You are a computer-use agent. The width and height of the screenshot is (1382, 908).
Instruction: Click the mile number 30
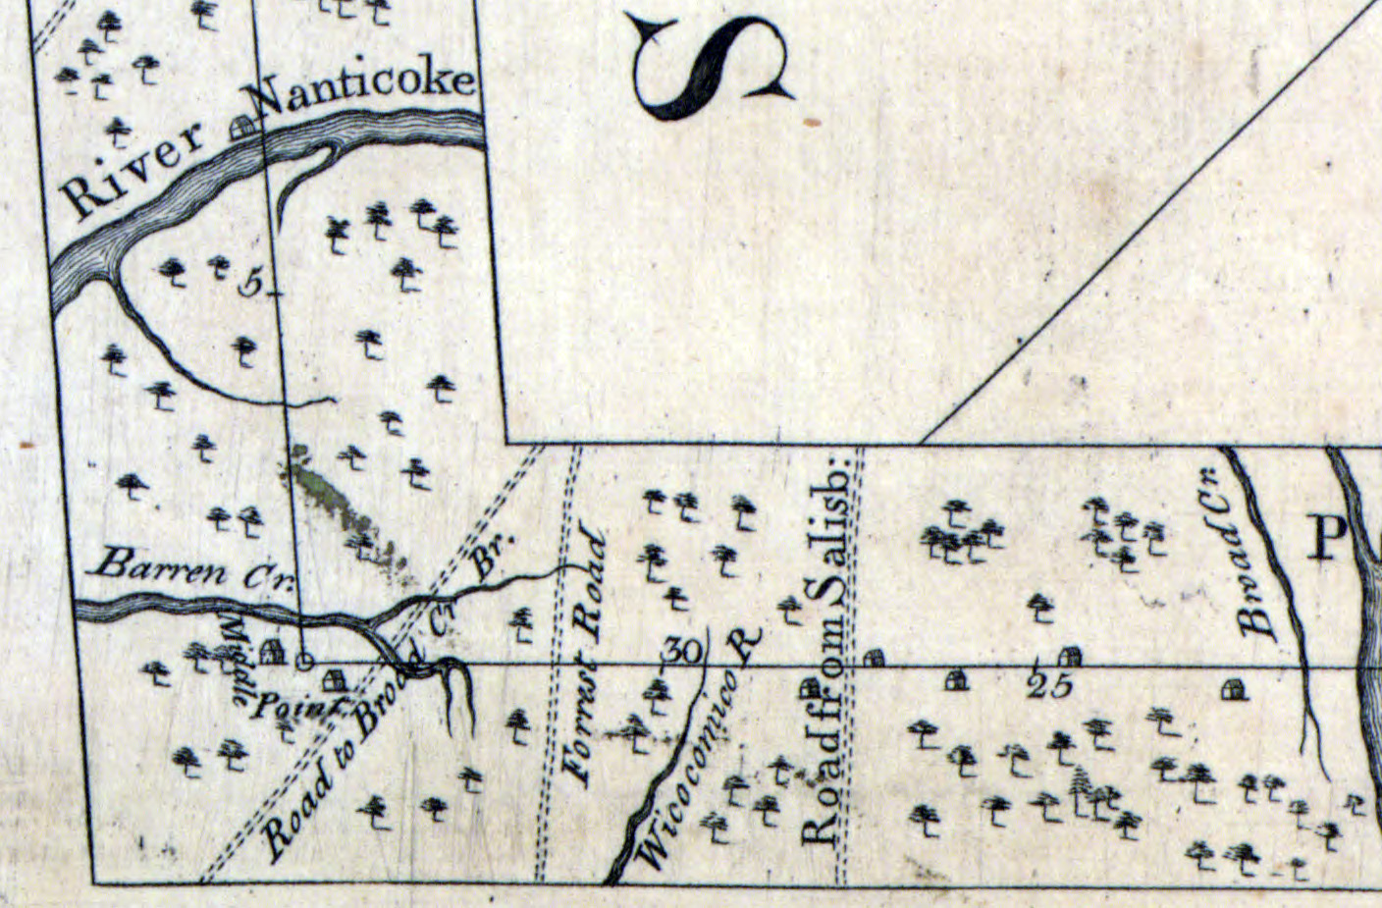pos(685,650)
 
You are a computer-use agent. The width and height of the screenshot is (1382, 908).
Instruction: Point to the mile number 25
pos(1050,685)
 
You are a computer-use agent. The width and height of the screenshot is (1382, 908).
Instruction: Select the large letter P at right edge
pos(1329,538)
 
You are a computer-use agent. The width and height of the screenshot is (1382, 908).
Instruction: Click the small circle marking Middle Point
pos(304,662)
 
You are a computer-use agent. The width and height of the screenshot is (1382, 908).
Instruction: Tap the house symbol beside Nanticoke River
pos(241,127)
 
